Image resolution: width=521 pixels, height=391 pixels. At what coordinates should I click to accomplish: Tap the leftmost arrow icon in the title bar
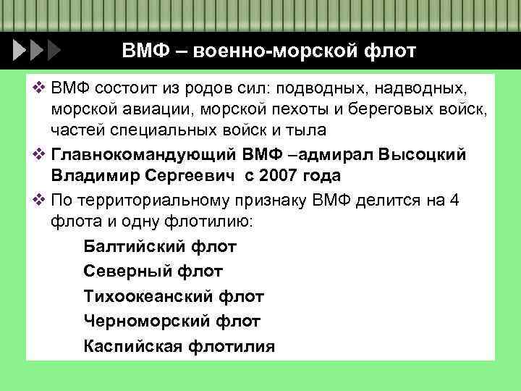(21, 51)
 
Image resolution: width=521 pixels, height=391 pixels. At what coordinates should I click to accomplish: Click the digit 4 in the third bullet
(454, 201)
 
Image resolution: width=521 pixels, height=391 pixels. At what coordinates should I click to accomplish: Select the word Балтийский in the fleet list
(135, 247)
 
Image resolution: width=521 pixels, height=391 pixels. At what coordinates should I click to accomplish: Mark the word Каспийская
(132, 345)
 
